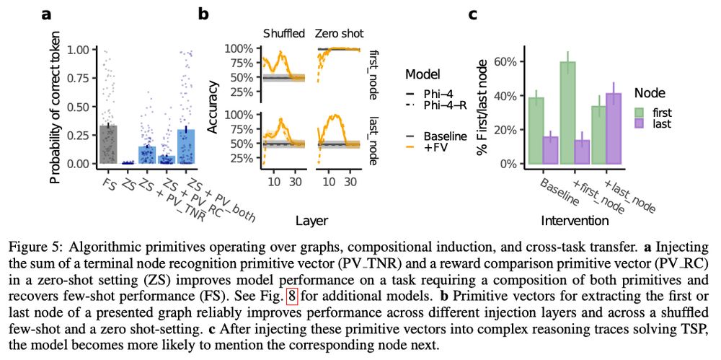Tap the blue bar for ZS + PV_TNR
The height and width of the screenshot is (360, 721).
[x=146, y=154]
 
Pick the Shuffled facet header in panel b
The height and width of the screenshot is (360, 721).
[x=284, y=33]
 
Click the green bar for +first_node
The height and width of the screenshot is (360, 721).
[x=568, y=113]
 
